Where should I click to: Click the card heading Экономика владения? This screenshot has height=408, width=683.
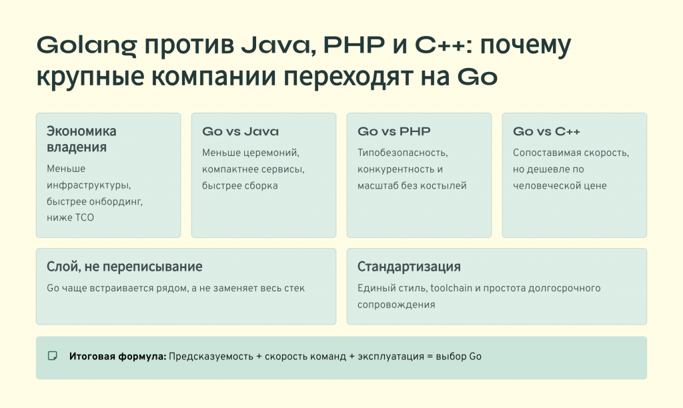pos(81,139)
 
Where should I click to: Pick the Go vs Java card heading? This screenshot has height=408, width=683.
pos(240,131)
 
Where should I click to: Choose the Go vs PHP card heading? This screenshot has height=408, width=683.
pos(394,131)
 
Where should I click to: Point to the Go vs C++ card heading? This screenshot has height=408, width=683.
pos(547,131)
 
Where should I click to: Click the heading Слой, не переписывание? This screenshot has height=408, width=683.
pos(125,267)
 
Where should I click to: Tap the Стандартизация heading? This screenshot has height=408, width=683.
pos(409,267)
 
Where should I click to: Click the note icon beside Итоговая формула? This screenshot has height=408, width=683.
pos(53,356)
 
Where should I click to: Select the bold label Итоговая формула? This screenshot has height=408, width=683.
pos(117,357)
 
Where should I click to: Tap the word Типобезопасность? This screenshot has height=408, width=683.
pos(398,153)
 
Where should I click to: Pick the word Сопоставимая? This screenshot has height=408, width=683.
pos(544,153)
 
